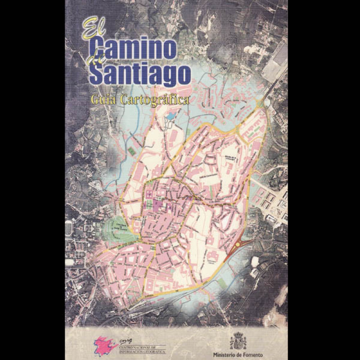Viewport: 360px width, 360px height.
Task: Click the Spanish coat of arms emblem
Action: pyautogui.click(x=238, y=341)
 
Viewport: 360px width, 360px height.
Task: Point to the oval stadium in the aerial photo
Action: pyautogui.click(x=69, y=227)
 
